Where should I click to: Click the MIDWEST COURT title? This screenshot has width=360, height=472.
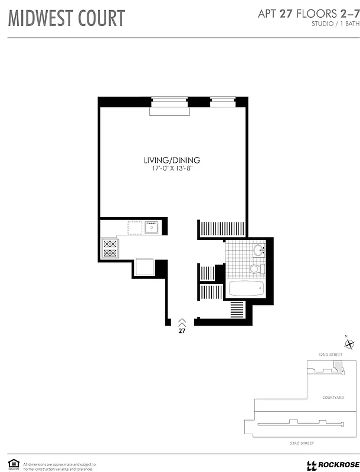point(67,18)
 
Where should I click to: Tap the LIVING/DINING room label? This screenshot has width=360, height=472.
point(172,160)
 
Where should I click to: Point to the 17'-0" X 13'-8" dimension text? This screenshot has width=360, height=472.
point(172,169)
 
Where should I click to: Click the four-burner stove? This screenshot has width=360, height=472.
point(110,248)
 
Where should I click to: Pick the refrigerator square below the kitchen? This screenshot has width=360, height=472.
point(145,267)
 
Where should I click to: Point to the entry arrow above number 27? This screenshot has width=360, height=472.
point(182,322)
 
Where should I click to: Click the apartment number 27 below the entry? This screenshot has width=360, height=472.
point(182,331)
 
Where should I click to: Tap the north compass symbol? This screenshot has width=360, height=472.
point(350,344)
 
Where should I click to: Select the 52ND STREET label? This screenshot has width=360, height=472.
point(330,355)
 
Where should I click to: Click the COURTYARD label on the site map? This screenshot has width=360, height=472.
point(333,398)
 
